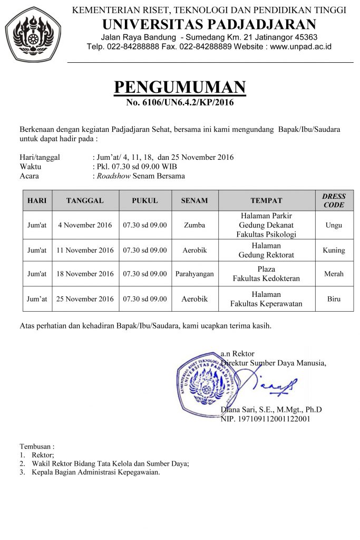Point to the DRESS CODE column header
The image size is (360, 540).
point(334,200)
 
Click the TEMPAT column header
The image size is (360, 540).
point(266,200)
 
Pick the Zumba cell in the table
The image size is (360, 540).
point(194,225)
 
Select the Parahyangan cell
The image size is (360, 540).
point(194,274)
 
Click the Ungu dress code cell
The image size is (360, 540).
point(334,225)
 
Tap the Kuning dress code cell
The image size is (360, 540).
point(334,250)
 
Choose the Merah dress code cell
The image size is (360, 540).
point(334,274)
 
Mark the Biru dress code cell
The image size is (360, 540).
point(334,299)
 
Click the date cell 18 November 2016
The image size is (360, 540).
point(85,274)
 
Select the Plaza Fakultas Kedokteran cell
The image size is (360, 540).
point(266,274)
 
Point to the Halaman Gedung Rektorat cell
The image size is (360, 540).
point(266,250)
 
